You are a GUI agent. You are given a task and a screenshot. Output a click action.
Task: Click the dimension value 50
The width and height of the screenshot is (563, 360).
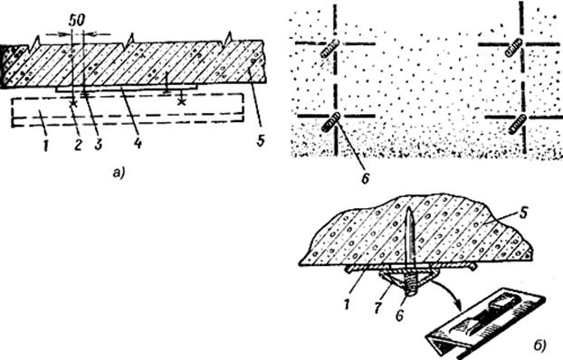[77, 21]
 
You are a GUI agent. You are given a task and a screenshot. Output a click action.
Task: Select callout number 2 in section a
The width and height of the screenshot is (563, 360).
[78, 145]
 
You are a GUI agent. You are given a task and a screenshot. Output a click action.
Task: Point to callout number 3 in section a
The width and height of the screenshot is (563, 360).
[98, 145]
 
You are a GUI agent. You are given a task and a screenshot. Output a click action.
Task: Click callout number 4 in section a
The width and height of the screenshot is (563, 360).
[138, 144]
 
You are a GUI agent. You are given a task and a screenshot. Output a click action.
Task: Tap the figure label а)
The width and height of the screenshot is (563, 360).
[119, 174]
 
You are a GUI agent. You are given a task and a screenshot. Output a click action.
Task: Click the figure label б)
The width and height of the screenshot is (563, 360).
[539, 345]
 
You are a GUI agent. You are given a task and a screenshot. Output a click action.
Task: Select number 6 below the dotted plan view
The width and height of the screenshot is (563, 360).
[365, 178]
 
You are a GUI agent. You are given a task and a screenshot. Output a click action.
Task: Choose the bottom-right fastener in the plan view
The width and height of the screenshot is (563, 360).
[518, 124]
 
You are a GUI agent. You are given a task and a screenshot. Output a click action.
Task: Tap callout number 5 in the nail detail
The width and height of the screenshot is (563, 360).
[523, 213]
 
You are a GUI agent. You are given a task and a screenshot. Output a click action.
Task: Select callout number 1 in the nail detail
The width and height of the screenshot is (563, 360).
[347, 306]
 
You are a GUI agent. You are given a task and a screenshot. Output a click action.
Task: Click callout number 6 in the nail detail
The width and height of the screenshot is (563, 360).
[400, 315]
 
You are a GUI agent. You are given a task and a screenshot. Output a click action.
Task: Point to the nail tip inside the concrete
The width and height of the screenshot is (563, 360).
[409, 208]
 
